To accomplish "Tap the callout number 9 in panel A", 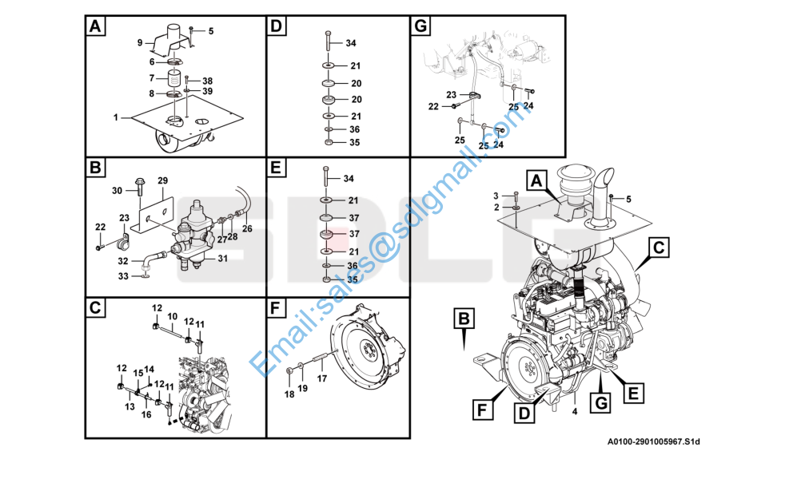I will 140,42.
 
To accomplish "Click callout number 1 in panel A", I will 116,117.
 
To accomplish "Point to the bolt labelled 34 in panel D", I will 328,40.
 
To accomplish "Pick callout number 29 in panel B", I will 161,181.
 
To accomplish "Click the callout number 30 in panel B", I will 117,190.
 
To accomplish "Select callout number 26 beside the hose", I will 247,229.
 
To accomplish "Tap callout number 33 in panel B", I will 123,276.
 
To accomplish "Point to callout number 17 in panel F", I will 322,379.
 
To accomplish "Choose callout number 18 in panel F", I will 289,394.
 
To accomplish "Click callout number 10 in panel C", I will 172,317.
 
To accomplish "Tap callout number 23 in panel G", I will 451,94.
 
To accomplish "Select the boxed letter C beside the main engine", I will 657,248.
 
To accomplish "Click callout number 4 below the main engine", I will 574,412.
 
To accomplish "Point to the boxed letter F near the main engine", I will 482,410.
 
